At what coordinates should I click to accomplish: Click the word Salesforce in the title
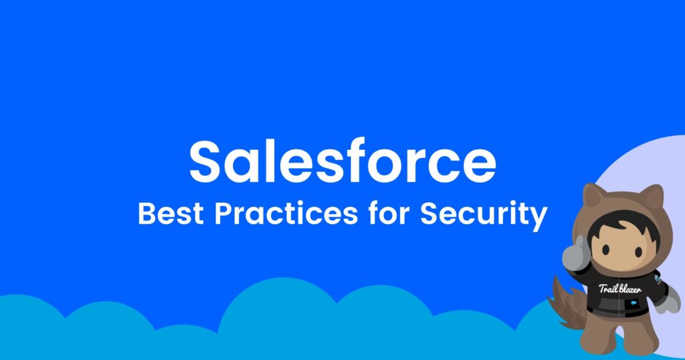pyautogui.click(x=342, y=163)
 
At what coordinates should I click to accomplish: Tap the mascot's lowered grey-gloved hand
pyautogui.click(x=665, y=304)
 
